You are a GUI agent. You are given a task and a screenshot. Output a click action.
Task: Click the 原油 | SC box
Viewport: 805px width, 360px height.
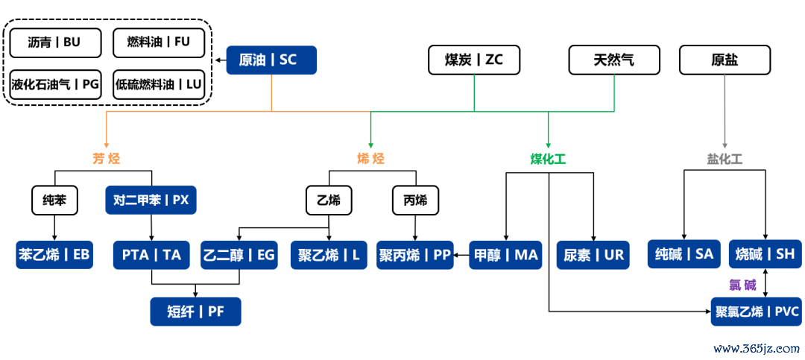(271, 60)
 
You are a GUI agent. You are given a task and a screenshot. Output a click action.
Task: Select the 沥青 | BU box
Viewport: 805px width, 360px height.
(56, 42)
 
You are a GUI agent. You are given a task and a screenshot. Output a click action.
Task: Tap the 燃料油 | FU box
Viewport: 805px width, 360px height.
(159, 42)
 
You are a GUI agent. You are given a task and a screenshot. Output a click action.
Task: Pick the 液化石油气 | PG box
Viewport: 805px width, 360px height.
(56, 84)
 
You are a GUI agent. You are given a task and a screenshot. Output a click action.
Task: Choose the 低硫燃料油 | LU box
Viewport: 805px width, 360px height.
(159, 84)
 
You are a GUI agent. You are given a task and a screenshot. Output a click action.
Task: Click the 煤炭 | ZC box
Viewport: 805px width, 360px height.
(473, 60)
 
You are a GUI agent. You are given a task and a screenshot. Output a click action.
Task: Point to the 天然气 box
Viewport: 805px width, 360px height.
(614, 60)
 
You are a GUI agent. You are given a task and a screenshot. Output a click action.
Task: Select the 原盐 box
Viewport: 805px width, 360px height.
(724, 60)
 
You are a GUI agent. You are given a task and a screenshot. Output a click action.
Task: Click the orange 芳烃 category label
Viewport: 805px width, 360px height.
(107, 159)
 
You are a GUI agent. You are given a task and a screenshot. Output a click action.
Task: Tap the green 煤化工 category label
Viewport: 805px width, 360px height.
(548, 159)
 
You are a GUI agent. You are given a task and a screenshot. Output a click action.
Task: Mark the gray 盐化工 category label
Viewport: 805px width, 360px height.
(724, 159)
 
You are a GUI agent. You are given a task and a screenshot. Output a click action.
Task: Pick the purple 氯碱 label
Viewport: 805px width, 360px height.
(742, 285)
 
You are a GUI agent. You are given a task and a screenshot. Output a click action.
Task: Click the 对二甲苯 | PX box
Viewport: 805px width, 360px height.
(151, 200)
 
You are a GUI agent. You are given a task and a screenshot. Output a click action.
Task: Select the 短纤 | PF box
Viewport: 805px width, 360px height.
(196, 312)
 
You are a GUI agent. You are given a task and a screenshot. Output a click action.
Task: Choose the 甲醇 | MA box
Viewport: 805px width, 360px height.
(505, 255)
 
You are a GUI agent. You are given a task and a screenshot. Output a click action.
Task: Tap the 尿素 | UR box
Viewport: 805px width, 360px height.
(593, 255)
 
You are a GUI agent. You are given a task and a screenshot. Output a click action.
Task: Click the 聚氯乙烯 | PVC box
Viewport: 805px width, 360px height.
(757, 311)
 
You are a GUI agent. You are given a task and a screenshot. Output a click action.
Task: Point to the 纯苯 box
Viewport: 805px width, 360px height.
(55, 200)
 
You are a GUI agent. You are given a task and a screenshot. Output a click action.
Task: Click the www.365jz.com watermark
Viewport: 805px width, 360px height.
(756, 349)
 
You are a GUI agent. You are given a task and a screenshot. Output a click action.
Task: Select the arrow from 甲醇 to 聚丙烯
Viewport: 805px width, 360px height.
(461, 255)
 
